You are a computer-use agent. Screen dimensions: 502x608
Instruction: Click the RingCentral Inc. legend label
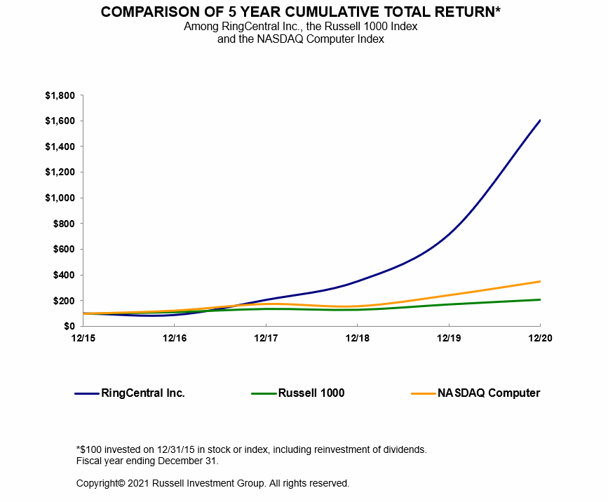point(143,393)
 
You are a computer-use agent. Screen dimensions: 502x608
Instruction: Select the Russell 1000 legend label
point(311,393)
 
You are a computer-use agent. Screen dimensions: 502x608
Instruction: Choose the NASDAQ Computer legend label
point(489,393)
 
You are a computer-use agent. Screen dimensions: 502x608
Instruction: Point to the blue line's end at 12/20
point(539,121)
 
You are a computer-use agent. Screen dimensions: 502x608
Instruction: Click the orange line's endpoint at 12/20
point(539,281)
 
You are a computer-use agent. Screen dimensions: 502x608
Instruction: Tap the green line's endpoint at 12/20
point(539,299)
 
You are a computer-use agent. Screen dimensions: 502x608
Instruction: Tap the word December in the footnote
point(159,461)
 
